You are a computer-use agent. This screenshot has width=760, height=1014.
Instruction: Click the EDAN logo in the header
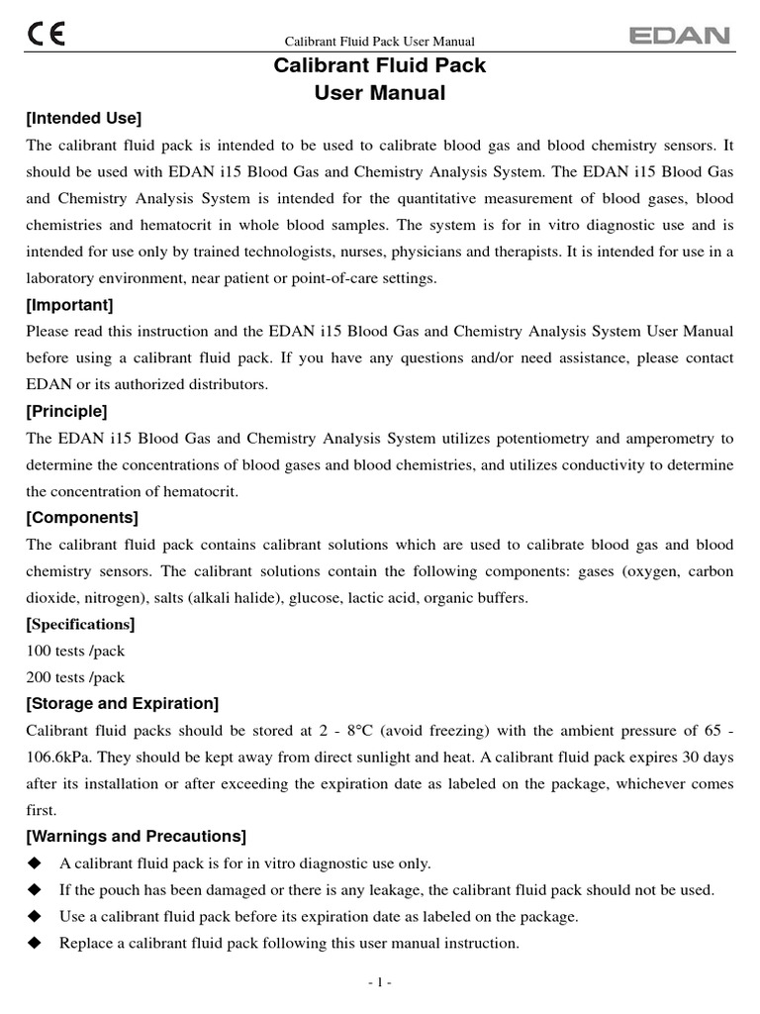point(680,37)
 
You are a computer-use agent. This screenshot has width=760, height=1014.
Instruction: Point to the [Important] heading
point(69,305)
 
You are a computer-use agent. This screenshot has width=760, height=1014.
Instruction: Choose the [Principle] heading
point(66,411)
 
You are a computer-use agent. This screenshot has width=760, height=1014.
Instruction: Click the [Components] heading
point(82,518)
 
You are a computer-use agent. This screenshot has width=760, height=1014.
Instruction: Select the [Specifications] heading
point(80,625)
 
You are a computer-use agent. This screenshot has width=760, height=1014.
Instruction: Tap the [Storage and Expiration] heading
point(122,704)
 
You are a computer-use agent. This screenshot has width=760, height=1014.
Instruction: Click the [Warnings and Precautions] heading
point(136,837)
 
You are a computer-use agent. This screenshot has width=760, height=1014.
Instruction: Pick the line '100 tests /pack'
point(75,652)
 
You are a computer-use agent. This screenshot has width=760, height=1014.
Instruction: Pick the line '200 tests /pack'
point(75,678)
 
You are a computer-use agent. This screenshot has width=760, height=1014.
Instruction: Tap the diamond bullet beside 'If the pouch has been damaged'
point(35,890)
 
